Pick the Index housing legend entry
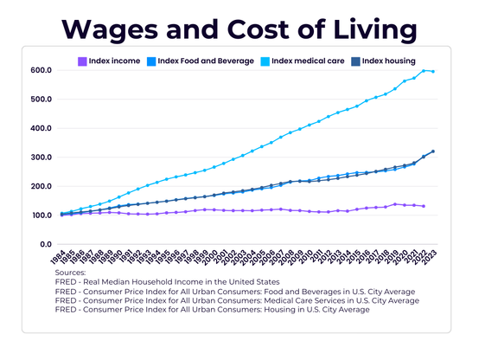click(x=388, y=61)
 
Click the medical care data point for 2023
click(x=433, y=72)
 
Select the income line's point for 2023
click(x=424, y=206)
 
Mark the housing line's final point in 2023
click(x=433, y=151)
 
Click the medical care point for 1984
click(x=62, y=213)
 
